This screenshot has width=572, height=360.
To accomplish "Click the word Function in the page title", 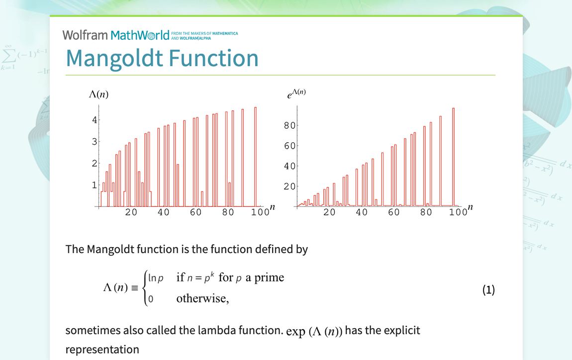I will [214, 58].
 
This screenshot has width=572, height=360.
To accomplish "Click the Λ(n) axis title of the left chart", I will [98, 94].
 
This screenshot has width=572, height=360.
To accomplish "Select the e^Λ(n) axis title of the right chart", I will [296, 93].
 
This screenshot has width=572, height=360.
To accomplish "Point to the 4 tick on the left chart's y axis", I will [94, 120].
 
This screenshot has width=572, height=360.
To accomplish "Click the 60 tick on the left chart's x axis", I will [195, 212].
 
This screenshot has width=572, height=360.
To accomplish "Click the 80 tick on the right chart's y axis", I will [289, 126].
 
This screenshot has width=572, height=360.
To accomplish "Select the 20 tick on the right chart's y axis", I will [289, 186].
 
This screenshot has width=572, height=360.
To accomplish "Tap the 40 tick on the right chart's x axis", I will [362, 212].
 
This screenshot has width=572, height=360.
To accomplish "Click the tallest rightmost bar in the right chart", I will [453, 157].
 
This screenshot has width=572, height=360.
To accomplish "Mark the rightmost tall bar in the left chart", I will [256, 157].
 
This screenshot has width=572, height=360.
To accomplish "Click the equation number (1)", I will [488, 290].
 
